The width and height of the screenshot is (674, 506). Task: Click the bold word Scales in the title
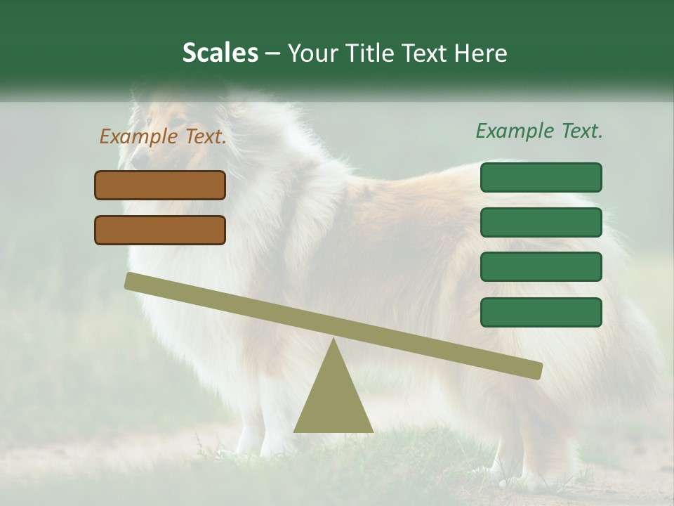pyautogui.click(x=220, y=53)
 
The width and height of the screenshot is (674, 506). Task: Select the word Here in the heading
pyautogui.click(x=481, y=53)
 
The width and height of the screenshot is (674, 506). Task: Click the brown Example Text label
pyautogui.click(x=163, y=136)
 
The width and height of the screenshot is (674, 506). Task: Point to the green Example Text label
pyautogui.click(x=539, y=131)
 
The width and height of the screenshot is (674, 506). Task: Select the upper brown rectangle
pyautogui.click(x=160, y=185)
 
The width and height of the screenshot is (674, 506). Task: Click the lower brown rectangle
pyautogui.click(x=160, y=230)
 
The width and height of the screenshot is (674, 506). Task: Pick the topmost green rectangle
pyautogui.click(x=541, y=177)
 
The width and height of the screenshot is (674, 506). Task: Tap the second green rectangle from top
pyautogui.click(x=541, y=222)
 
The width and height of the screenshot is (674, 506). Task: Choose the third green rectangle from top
pyautogui.click(x=541, y=267)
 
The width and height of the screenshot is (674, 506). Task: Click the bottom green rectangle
pyautogui.click(x=541, y=312)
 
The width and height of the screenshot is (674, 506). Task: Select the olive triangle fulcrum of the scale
pyautogui.click(x=333, y=401)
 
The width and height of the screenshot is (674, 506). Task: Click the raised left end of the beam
pyautogui.click(x=133, y=281)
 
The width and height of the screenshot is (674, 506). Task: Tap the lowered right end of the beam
pyautogui.click(x=534, y=370)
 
